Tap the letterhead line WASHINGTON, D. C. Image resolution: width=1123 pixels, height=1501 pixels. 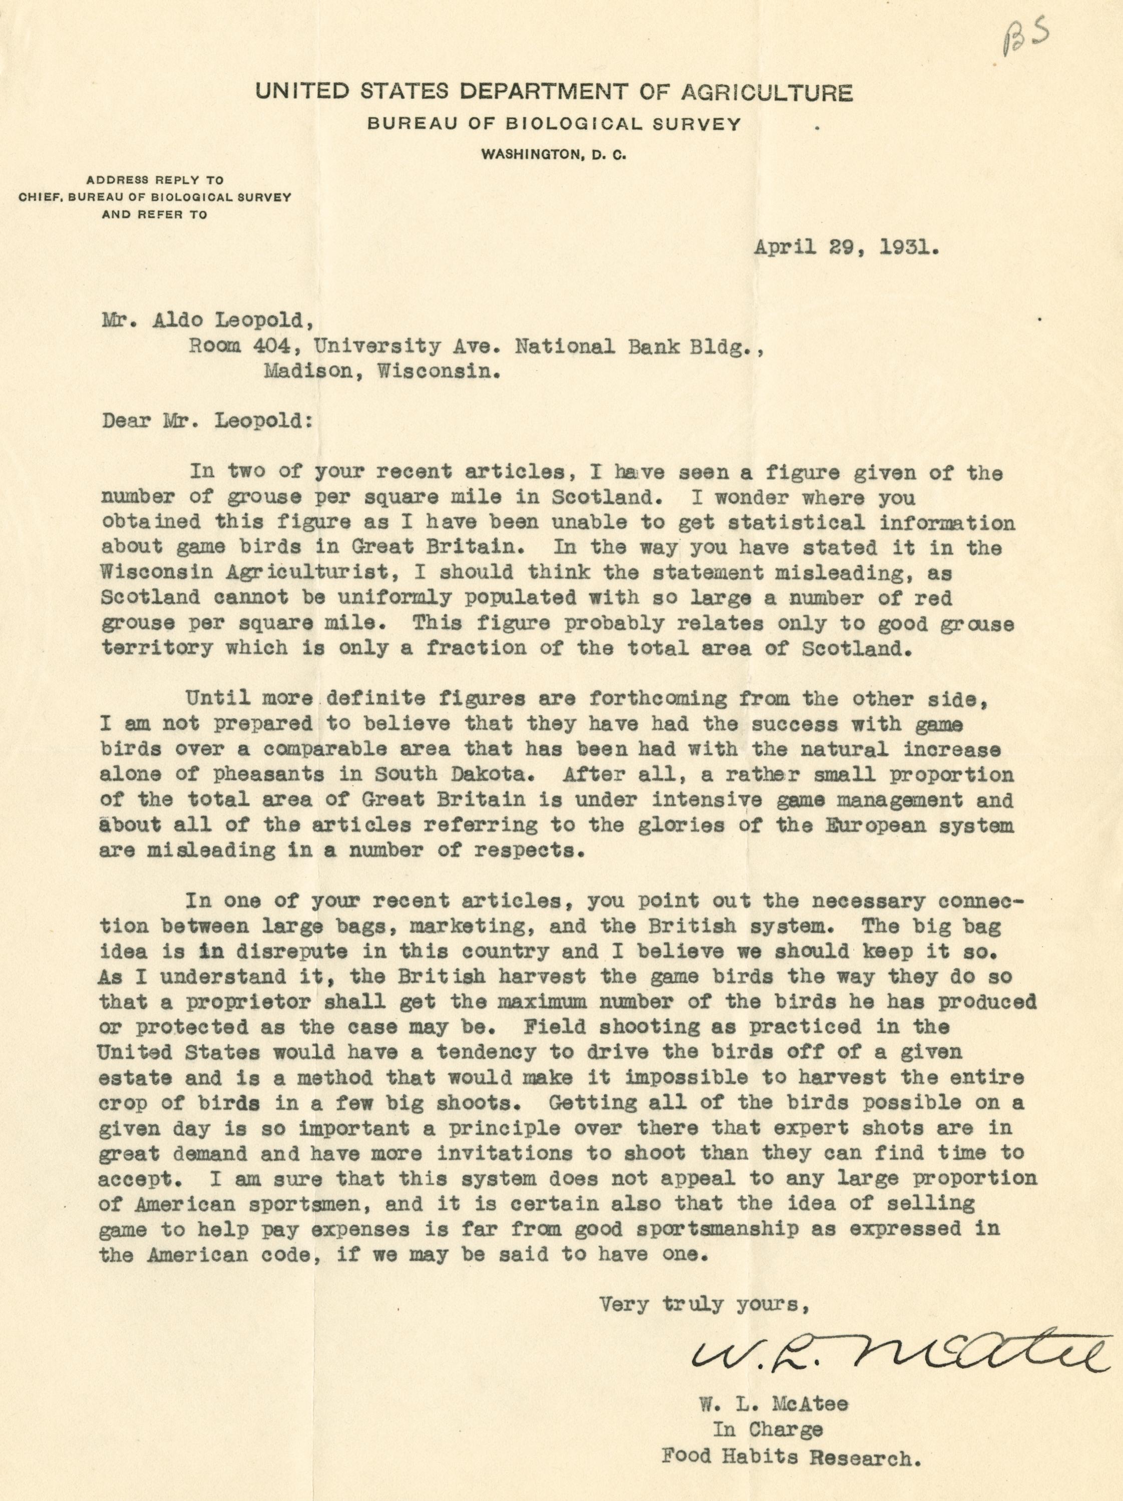(553, 155)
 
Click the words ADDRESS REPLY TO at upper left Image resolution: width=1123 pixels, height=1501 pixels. (155, 180)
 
